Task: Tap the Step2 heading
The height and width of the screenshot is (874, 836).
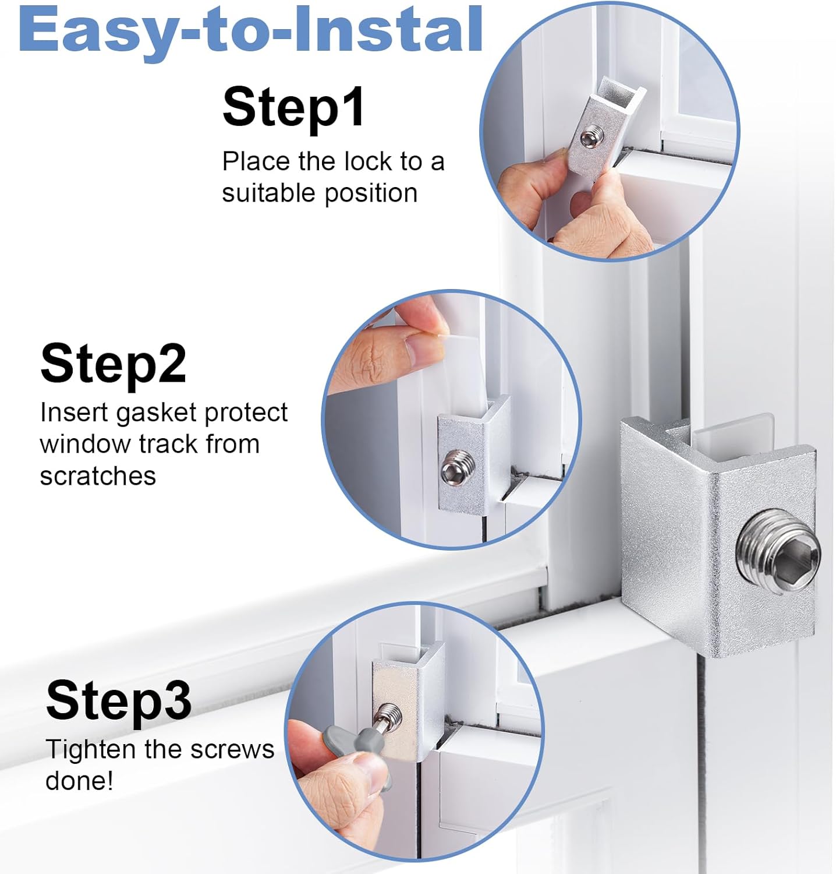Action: [x=113, y=363]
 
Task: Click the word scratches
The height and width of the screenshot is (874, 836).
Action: [x=98, y=476]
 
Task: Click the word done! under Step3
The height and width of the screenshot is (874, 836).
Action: [x=79, y=781]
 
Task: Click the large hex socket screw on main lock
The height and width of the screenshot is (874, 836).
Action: [x=779, y=551]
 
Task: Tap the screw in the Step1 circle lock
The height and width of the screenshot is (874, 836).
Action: [x=592, y=138]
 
